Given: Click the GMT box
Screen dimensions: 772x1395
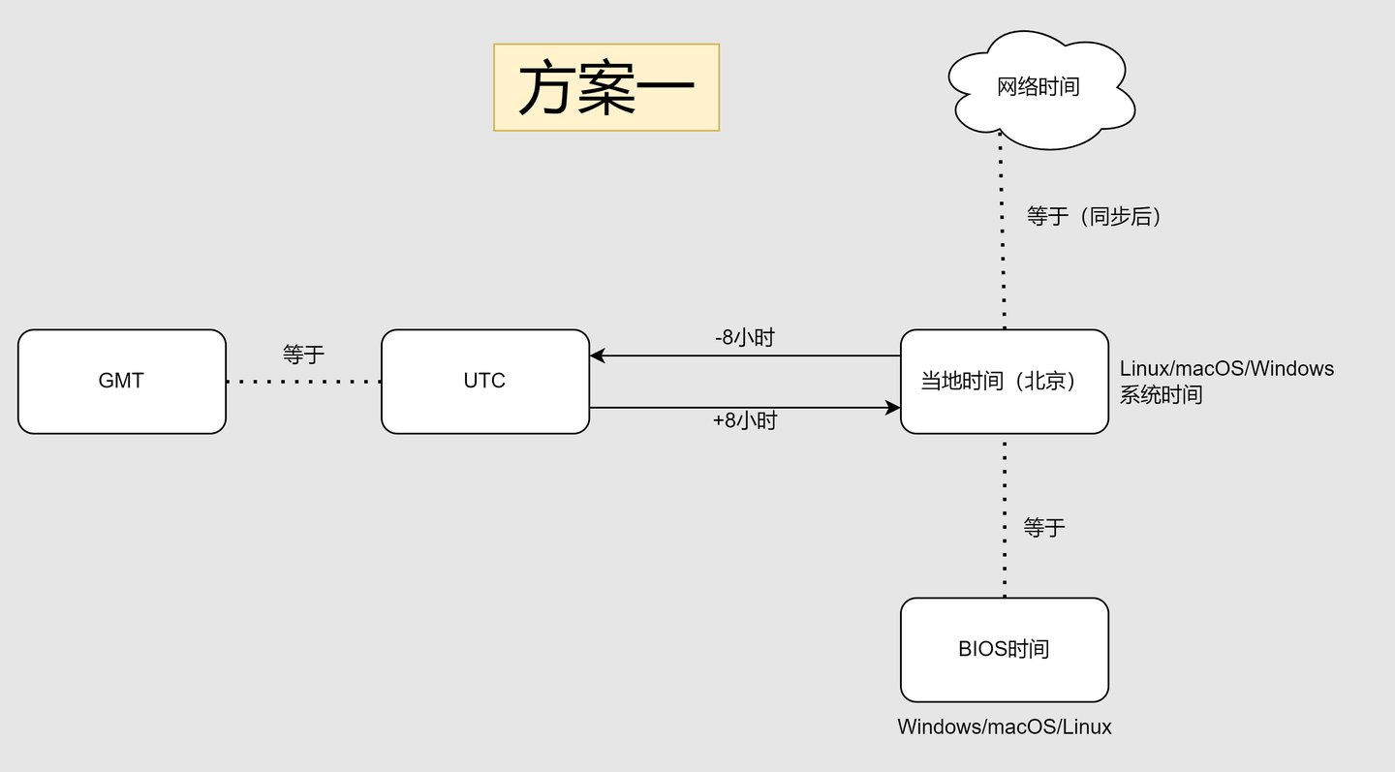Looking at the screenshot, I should point(121,381).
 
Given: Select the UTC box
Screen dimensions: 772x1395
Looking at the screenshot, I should point(484,381).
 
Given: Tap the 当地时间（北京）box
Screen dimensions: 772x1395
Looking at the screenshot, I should point(1004,381).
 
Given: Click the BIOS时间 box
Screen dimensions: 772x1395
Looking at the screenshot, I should point(1004,649).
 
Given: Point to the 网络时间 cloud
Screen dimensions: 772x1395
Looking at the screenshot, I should point(1038,87).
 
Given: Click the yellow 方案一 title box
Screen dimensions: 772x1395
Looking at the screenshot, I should point(606,87).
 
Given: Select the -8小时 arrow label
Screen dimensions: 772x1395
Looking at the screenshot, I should point(744,338).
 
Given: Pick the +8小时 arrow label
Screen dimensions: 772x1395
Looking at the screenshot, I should point(744,420).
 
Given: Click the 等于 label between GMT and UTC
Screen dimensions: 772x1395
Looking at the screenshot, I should point(303,355).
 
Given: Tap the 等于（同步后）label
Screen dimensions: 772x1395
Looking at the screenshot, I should point(1094,216).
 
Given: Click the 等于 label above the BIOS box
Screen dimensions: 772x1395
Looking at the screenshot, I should point(1044,527).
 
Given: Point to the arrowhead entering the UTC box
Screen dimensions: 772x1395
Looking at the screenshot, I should point(598,355).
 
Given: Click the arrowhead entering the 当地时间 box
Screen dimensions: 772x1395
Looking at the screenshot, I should point(893,408).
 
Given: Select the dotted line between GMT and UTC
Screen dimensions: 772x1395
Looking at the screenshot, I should point(303,382).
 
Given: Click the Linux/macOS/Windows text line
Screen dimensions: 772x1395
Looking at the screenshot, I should point(1226,368).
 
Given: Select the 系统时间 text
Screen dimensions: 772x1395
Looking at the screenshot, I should point(1161,394).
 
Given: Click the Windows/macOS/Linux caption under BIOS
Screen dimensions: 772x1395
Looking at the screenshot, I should point(1004,726).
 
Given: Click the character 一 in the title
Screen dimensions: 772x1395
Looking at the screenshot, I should point(666,89).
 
